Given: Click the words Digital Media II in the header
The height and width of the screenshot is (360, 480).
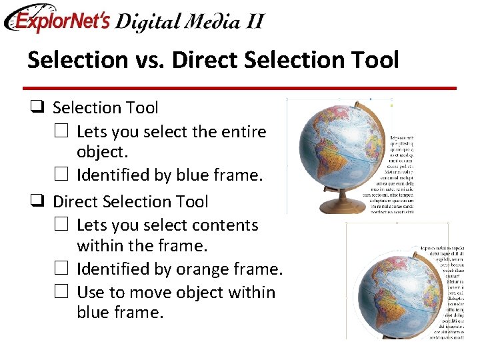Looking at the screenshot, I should coord(189,21).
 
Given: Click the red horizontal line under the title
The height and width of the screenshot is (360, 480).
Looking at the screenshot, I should coord(239,88).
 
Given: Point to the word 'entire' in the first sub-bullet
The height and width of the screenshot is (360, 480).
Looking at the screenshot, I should coord(243,131).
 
